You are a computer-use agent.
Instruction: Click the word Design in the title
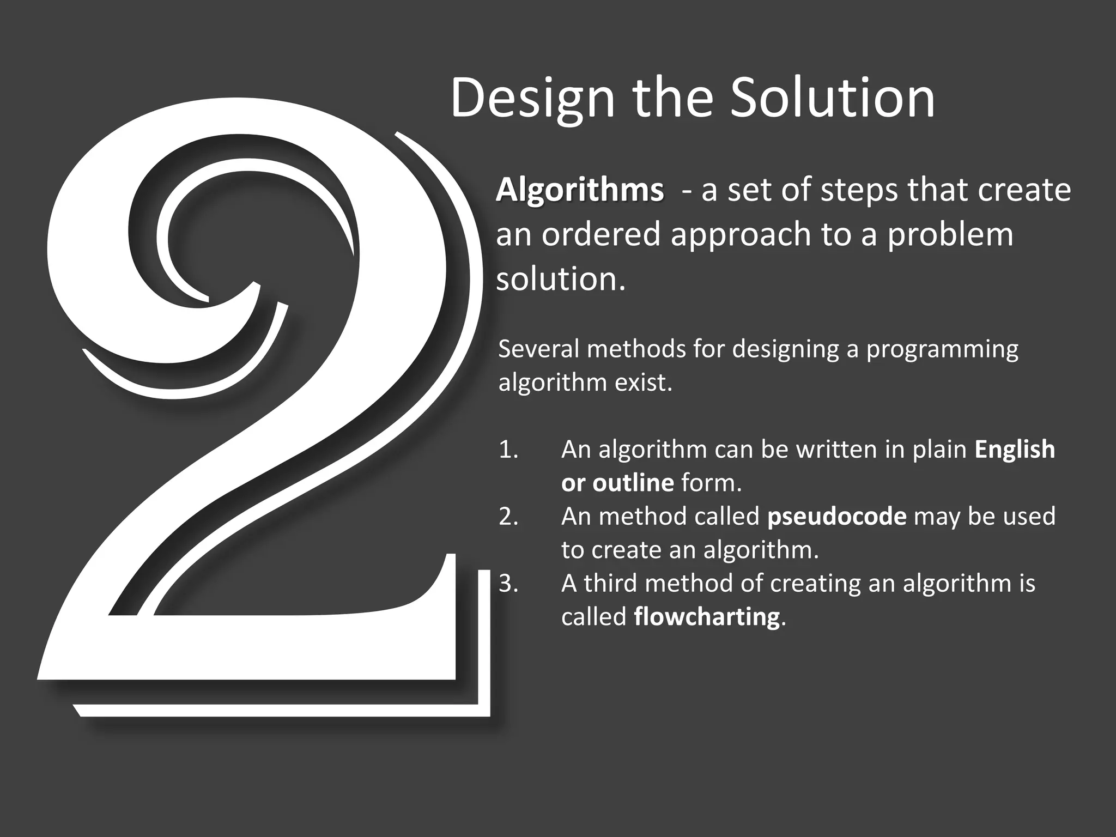[532, 98]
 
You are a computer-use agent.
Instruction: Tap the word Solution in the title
[832, 98]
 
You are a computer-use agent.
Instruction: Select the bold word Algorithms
[580, 190]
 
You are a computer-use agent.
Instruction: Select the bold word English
[1015, 450]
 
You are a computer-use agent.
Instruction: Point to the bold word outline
[633, 483]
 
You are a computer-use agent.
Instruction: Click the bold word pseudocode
[836, 517]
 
